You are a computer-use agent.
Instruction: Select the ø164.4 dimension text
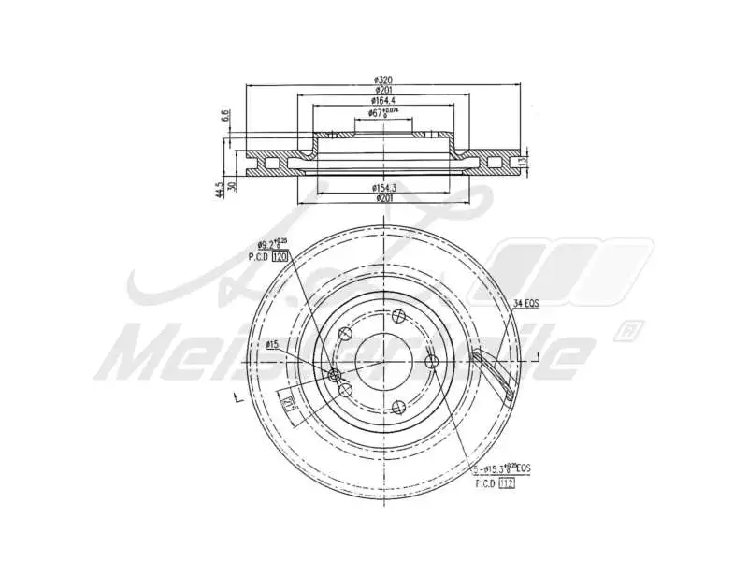(x=384, y=100)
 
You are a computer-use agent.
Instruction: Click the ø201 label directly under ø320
(x=384, y=91)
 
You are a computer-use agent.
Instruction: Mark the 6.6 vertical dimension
(x=224, y=116)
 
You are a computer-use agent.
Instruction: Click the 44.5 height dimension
(x=219, y=191)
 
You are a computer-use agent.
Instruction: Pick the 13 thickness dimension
(x=525, y=160)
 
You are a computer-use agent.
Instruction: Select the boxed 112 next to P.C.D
(x=507, y=483)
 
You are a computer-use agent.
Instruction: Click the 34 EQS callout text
(x=526, y=303)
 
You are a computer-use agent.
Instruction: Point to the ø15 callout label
(x=272, y=345)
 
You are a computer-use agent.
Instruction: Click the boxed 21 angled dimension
(x=289, y=404)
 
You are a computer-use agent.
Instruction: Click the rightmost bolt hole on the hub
(x=431, y=361)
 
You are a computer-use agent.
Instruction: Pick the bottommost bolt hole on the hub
(x=398, y=406)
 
